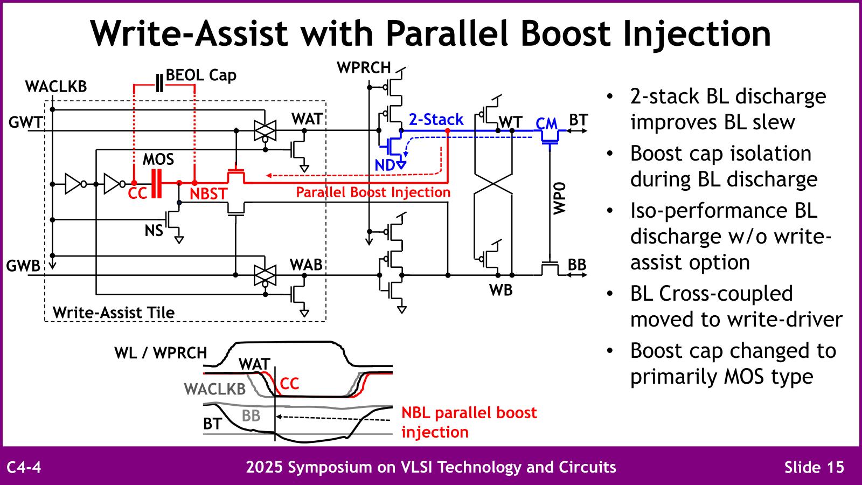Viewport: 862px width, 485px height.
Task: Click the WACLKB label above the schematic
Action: [55, 87]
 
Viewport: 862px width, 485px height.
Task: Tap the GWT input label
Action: [25, 123]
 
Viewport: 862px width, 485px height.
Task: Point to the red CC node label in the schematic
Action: [137, 193]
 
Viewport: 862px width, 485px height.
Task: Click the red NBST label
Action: [208, 193]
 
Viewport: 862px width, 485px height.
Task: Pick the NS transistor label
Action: [154, 231]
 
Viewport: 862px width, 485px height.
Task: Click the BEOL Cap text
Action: [201, 75]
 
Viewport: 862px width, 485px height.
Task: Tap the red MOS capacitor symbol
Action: [157, 184]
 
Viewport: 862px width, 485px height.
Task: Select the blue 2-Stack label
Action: [436, 120]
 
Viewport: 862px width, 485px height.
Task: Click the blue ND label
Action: [385, 165]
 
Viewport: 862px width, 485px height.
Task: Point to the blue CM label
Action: [546, 124]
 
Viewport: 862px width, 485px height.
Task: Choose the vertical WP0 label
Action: [560, 198]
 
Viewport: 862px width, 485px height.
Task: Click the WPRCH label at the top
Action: [364, 68]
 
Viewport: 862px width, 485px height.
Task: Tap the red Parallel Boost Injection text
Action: [373, 192]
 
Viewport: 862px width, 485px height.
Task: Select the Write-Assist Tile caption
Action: [113, 313]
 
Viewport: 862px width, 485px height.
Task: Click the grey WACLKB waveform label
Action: [214, 389]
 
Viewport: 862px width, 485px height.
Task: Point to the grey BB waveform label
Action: [251, 415]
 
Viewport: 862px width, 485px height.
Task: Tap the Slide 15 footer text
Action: [814, 467]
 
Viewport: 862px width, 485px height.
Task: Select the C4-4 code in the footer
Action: [24, 467]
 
